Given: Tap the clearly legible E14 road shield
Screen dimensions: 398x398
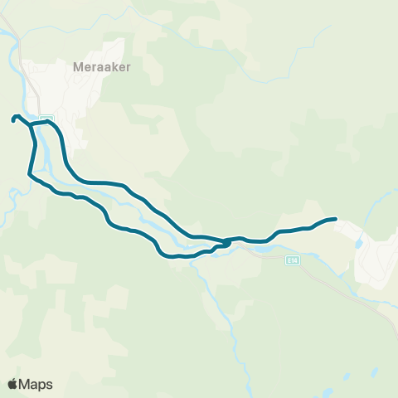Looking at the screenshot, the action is pyautogui.click(x=291, y=260).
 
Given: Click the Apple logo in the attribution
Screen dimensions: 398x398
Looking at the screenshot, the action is pyautogui.click(x=12, y=384).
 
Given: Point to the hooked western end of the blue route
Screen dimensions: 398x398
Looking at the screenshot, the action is pyautogui.click(x=14, y=119).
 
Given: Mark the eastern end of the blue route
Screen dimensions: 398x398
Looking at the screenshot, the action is pyautogui.click(x=335, y=218).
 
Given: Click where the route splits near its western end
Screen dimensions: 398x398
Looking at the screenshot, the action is pyautogui.click(x=32, y=125).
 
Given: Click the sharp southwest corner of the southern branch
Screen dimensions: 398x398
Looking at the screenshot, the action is pyautogui.click(x=30, y=174).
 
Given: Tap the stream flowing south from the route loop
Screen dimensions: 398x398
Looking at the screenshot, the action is pyautogui.click(x=217, y=298).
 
